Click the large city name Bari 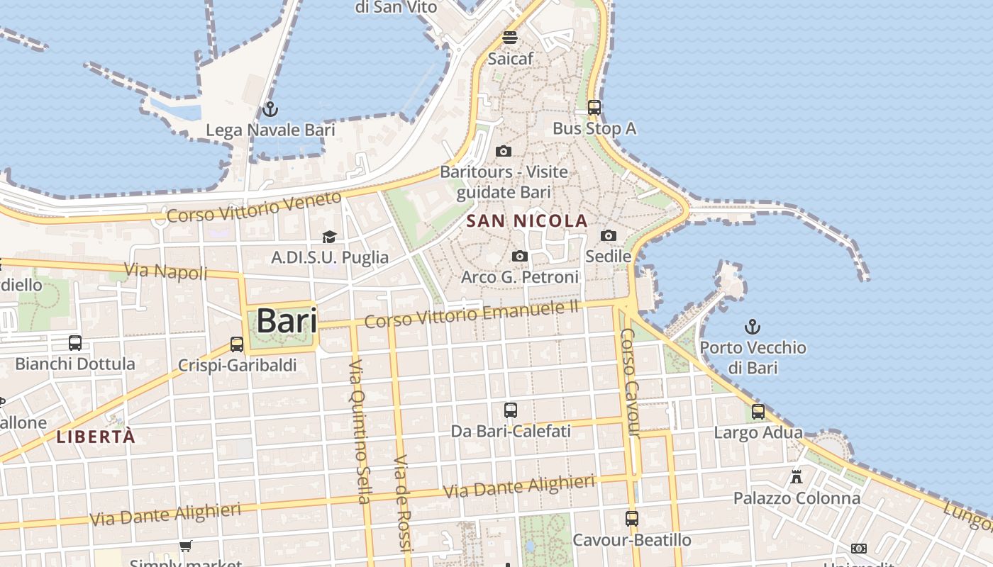point(287,321)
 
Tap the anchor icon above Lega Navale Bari point(270,110)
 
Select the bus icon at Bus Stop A point(594,108)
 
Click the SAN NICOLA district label point(527,221)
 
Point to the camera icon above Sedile point(608,236)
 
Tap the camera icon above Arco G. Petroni point(520,257)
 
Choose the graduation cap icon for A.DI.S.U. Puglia point(329,237)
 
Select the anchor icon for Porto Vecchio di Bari point(752,327)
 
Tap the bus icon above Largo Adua point(758,412)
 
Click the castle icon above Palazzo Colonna point(797,477)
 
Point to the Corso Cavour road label point(630,383)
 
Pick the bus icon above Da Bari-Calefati point(510,410)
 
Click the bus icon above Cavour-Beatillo point(632,519)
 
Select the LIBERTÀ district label point(96,437)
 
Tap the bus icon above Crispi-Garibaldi point(237,344)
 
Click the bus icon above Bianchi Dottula point(75,343)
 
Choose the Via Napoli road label point(166,271)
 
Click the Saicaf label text point(510,59)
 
